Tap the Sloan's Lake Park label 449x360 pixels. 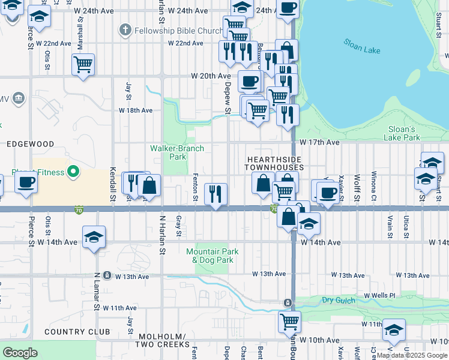(403, 133)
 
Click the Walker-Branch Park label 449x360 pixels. (176, 152)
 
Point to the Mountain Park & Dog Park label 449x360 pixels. (212, 256)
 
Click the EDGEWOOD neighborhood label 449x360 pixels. (30, 144)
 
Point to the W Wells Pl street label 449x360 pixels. (379, 296)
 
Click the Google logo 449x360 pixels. (20, 352)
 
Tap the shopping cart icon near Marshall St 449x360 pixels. (83, 64)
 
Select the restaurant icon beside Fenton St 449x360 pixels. (215, 193)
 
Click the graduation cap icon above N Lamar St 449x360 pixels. (94, 238)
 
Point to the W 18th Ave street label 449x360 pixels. (135, 110)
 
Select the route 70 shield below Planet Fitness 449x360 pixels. (79, 210)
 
